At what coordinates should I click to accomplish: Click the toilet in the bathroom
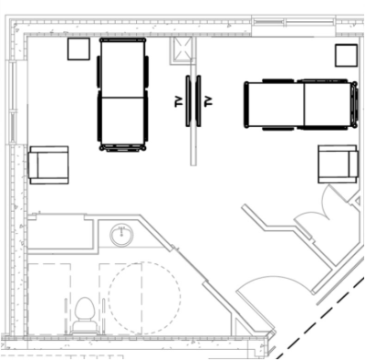click(x=86, y=315)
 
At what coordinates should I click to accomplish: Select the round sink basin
click(x=121, y=235)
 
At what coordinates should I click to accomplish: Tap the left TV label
click(x=179, y=101)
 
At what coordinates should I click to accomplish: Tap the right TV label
click(x=208, y=101)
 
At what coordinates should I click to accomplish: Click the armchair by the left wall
click(x=48, y=165)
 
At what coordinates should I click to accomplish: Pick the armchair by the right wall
click(x=338, y=164)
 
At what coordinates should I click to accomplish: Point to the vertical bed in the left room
click(x=123, y=94)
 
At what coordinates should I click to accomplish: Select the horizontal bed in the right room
click(x=300, y=104)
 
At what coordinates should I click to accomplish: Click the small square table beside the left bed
click(x=78, y=48)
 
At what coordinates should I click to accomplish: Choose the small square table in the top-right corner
click(x=346, y=56)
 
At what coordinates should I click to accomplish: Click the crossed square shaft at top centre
click(x=182, y=50)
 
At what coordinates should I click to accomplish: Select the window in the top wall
click(x=294, y=22)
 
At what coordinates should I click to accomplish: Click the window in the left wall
click(x=13, y=102)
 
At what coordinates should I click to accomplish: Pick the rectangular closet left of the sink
click(x=60, y=233)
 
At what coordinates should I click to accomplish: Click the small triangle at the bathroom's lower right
click(x=240, y=326)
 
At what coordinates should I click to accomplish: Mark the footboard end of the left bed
click(x=123, y=148)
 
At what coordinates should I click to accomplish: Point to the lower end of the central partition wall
click(x=193, y=164)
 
